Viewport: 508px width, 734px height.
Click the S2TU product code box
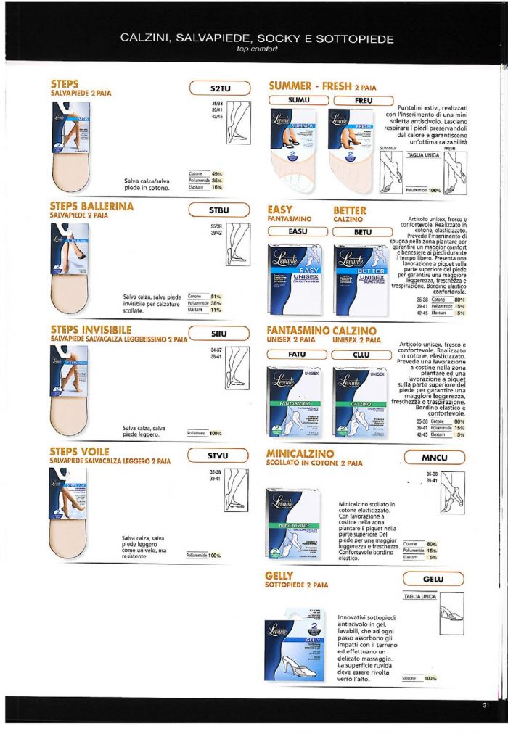click(x=219, y=88)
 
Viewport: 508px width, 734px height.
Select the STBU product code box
click(x=219, y=211)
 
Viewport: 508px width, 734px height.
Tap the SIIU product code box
click(x=219, y=334)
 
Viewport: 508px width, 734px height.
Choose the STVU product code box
click(x=219, y=456)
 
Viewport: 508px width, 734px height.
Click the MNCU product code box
click(x=433, y=457)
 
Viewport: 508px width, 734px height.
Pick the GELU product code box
click(x=433, y=579)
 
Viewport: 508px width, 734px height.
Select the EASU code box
click(x=298, y=231)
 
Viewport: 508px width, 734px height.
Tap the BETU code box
click(x=363, y=231)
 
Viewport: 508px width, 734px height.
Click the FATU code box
click(x=298, y=355)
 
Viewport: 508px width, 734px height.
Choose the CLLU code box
click(x=363, y=355)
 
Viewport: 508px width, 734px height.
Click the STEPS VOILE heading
click(x=80, y=451)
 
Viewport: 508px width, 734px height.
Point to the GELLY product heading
click(x=284, y=574)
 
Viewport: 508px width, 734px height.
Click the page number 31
click(x=486, y=704)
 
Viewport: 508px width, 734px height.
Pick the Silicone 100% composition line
click(x=419, y=679)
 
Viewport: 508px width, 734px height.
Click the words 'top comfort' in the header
click(x=257, y=49)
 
